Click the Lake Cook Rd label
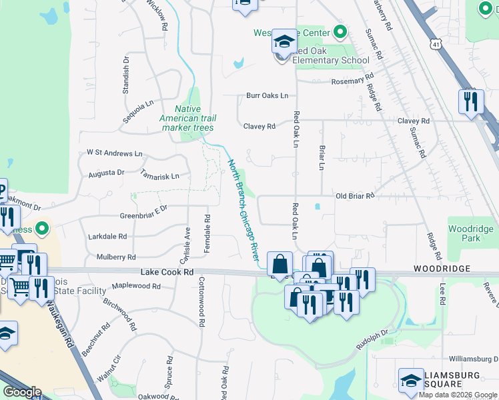point(167,273)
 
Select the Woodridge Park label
point(470,233)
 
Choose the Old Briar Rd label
point(357,196)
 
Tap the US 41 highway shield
point(435,43)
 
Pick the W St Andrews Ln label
point(115,153)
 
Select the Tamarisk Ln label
point(160,176)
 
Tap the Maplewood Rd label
point(137,287)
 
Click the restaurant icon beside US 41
point(471,101)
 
